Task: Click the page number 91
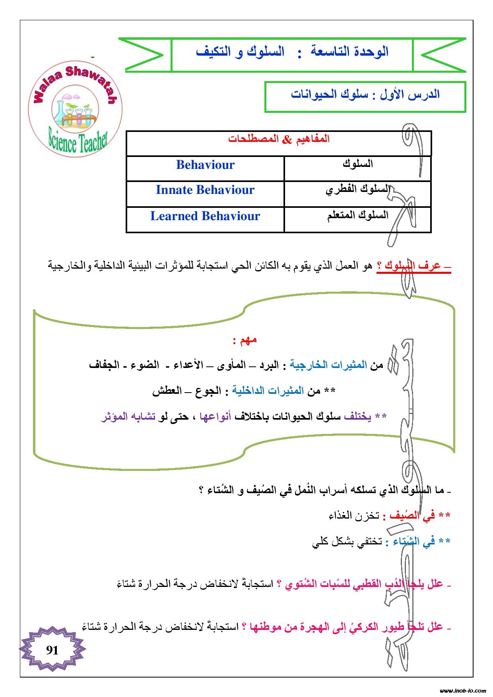[52, 650]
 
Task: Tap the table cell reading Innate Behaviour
[205, 190]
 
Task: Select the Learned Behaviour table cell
[205, 216]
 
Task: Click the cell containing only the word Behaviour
[205, 165]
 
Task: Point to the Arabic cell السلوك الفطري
[357, 190]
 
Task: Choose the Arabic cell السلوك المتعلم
[357, 215]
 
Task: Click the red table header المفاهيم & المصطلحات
[279, 139]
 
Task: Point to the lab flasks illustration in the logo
[75, 111]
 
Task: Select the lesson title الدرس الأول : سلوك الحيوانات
[365, 95]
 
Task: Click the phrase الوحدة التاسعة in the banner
[349, 52]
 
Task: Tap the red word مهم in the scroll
[245, 340]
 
